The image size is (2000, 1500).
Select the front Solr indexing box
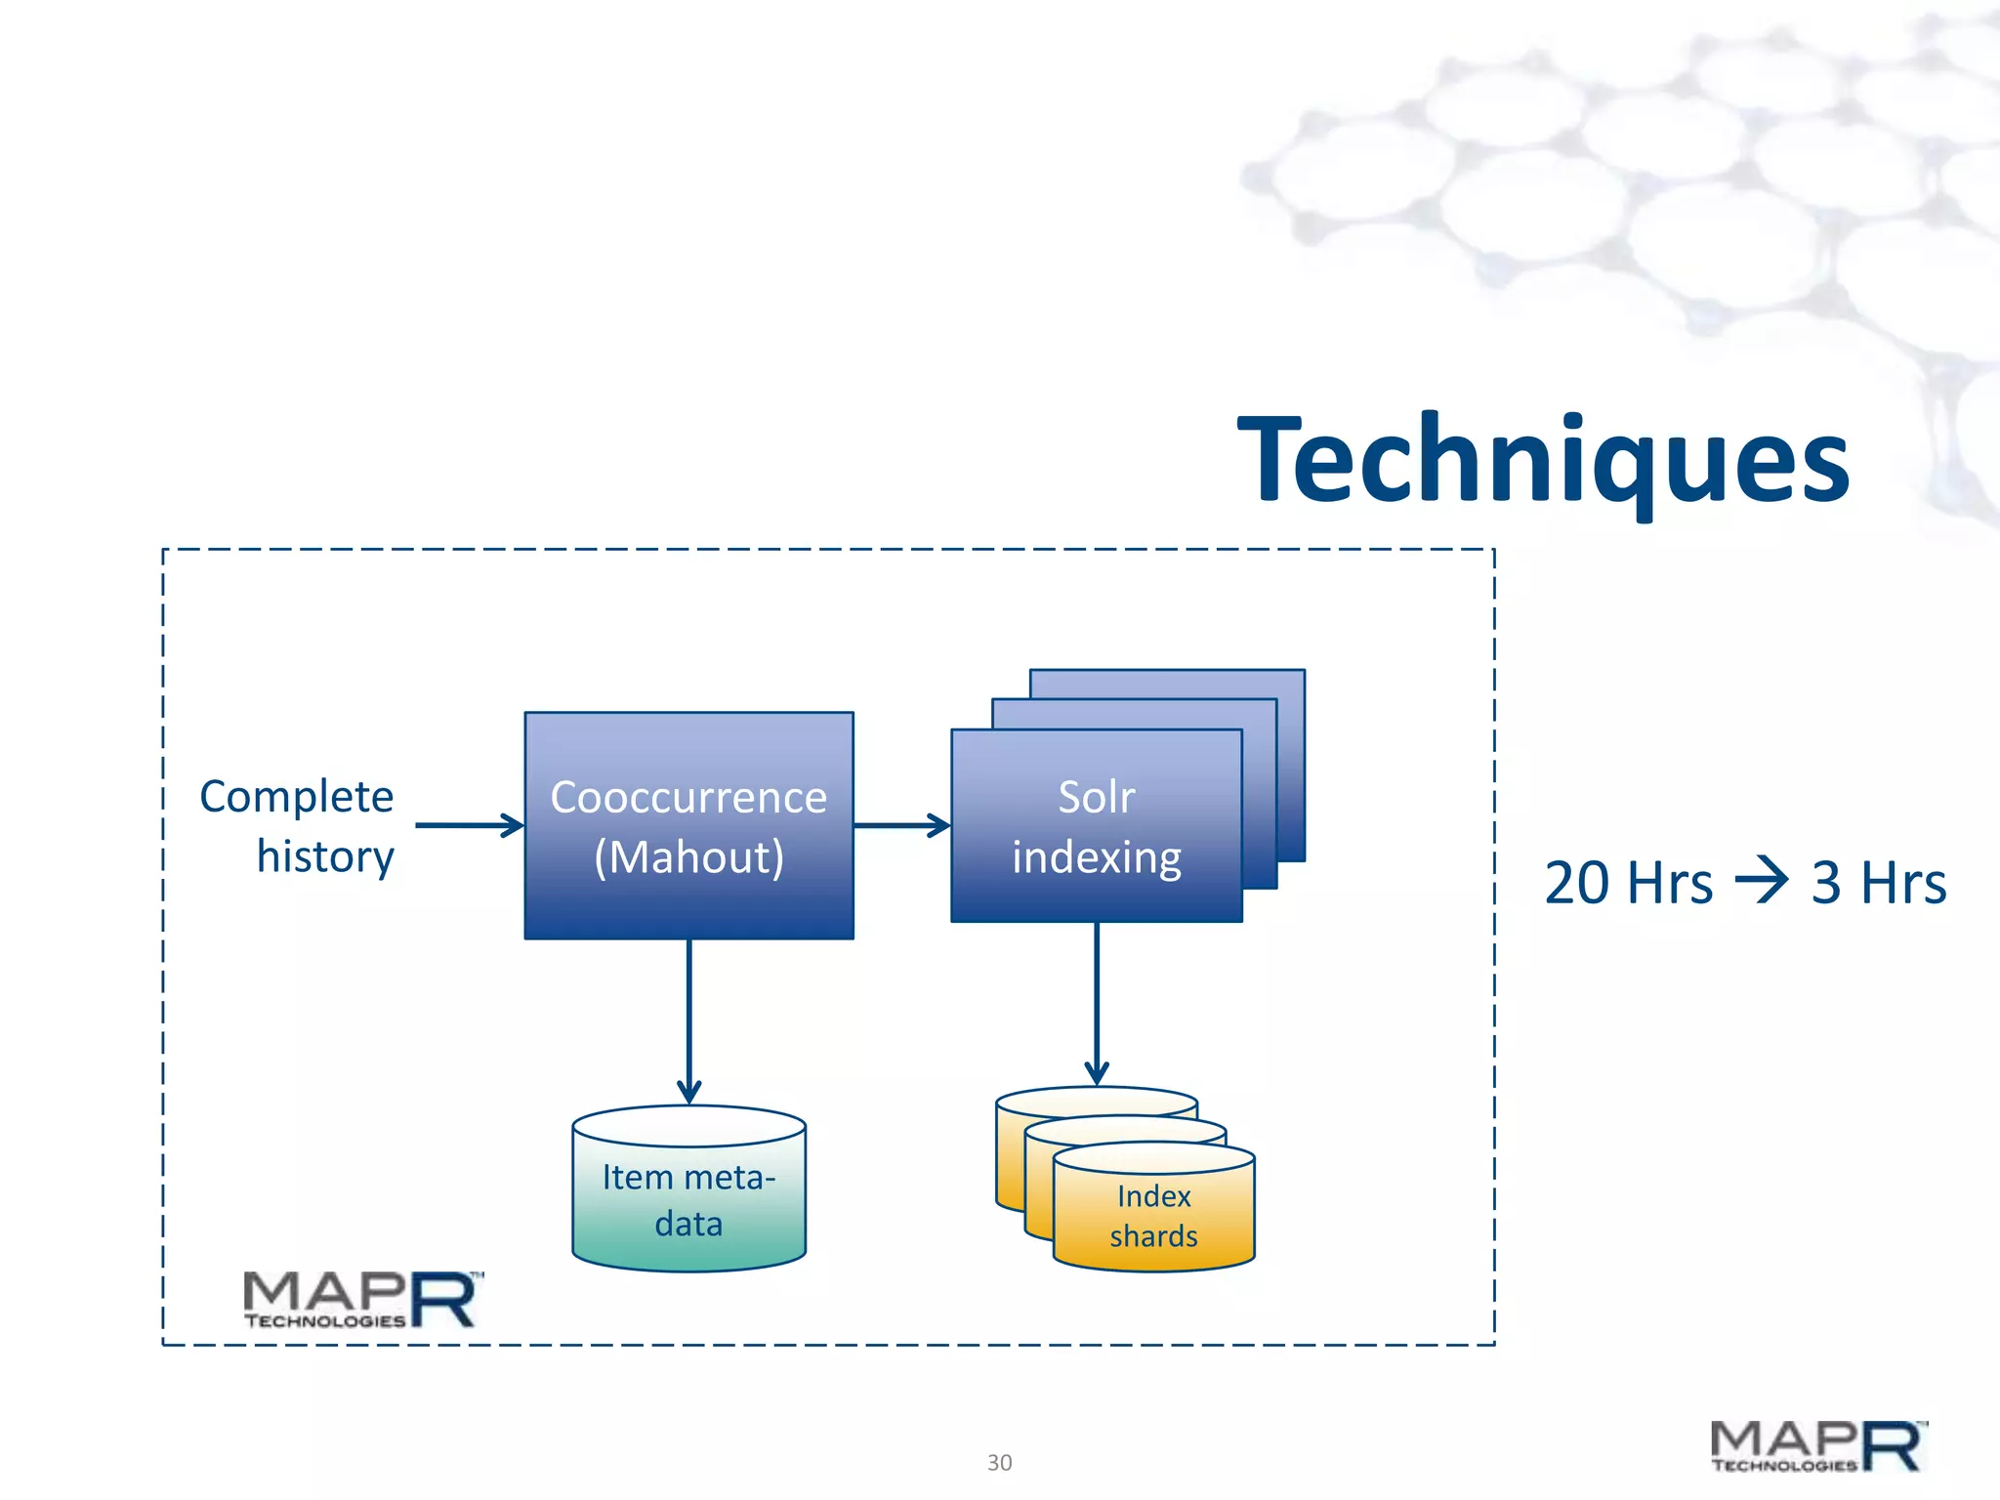1096,826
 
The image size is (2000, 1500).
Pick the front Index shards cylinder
1153,1216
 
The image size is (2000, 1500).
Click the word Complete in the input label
296,797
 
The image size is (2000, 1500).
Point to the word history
325,856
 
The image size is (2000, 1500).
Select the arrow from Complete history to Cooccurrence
470,825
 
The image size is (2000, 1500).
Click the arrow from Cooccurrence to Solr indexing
901,825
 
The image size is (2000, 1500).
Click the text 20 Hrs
1628,883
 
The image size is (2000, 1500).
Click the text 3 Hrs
1878,883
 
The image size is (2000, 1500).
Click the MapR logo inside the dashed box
362,1300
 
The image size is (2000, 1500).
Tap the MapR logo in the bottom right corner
1818,1446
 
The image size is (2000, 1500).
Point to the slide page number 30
999,1462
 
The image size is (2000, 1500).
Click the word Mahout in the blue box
688,857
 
